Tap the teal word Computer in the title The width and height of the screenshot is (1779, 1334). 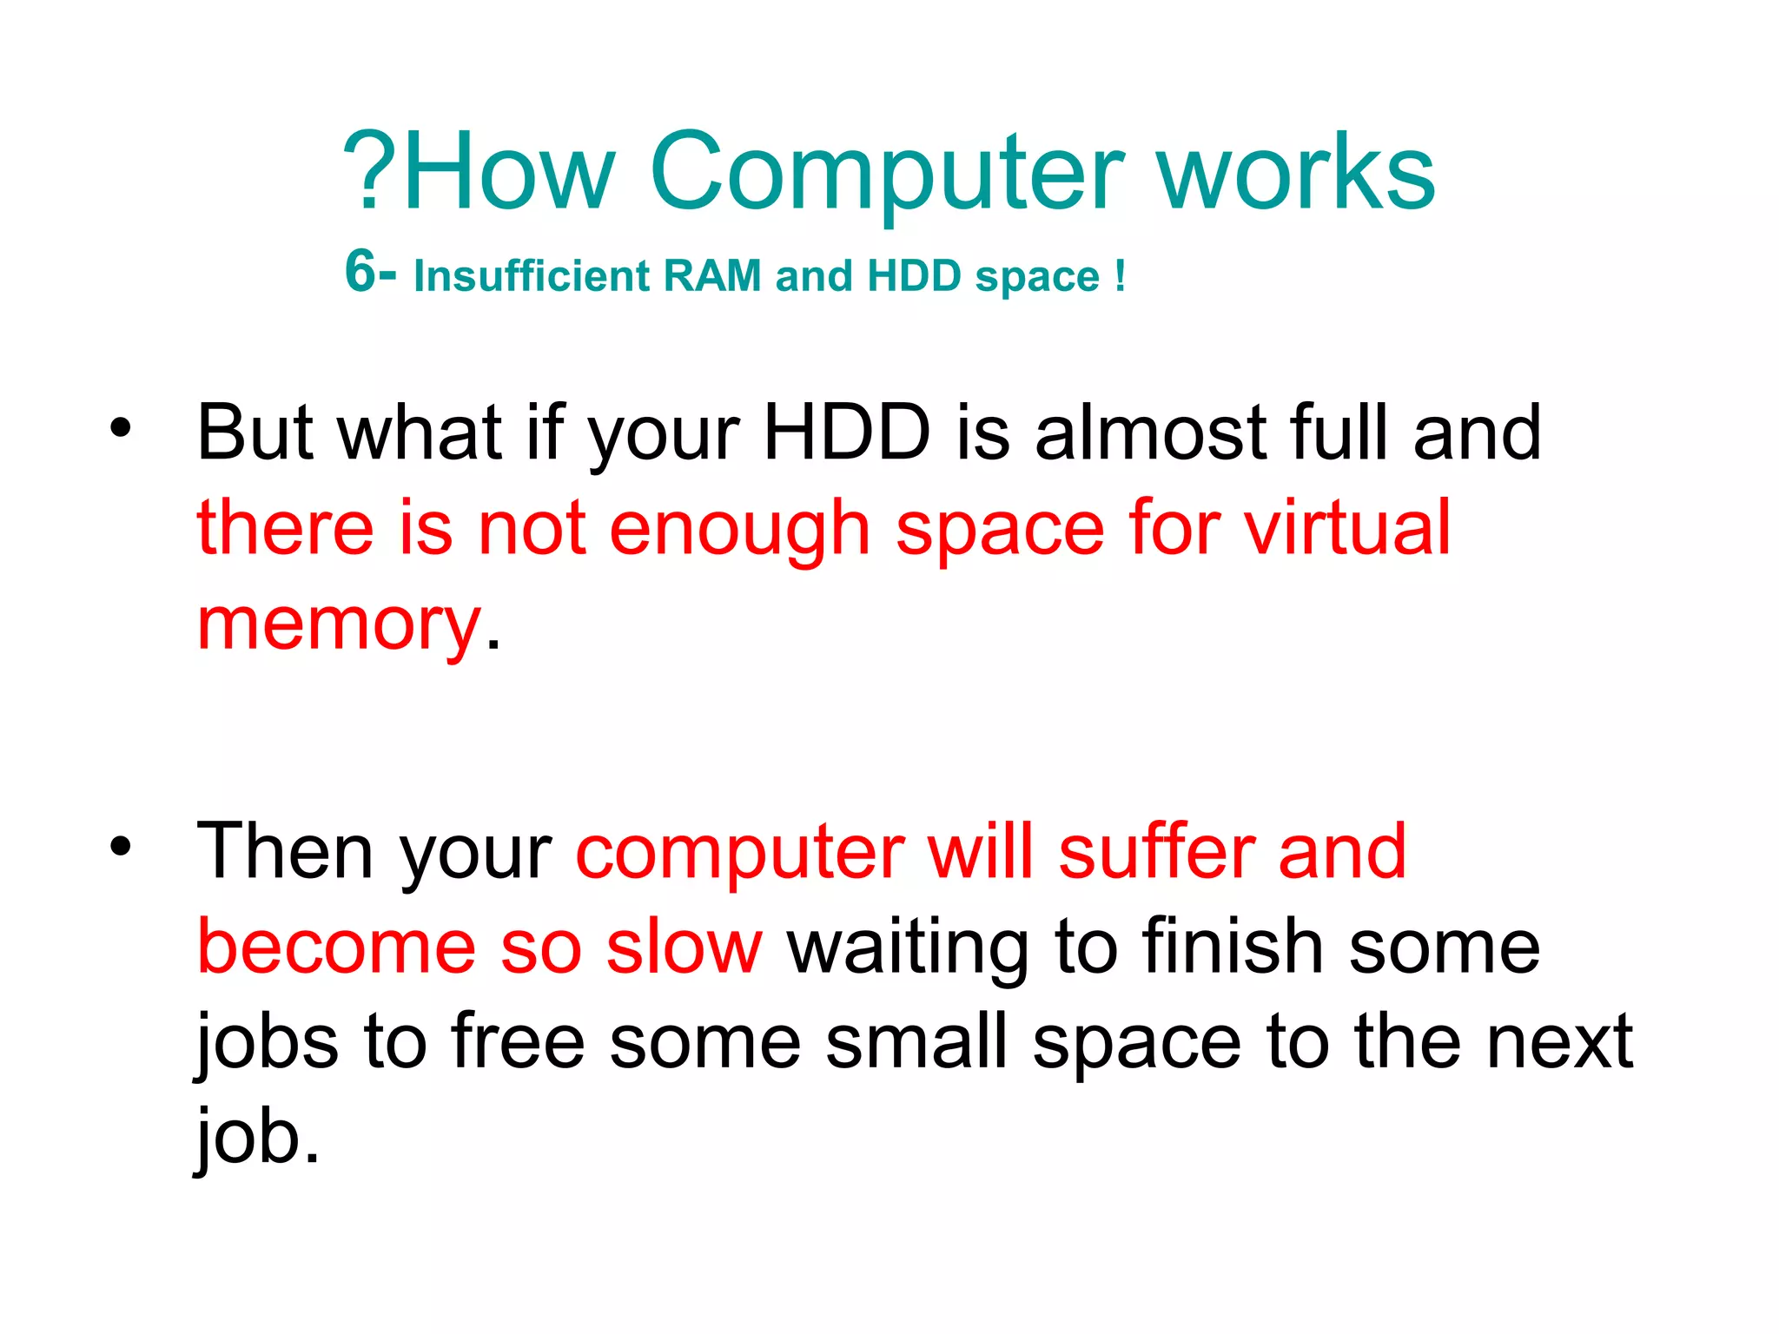[886, 174]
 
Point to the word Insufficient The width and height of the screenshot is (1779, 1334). [532, 276]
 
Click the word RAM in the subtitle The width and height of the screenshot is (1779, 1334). [711, 276]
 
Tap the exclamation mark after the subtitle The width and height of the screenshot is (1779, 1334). [1121, 276]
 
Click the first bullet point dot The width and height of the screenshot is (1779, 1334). [120, 427]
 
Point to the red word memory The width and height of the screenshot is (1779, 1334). [339, 625]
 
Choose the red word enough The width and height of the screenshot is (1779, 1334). [739, 530]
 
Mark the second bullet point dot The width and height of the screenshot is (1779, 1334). [120, 845]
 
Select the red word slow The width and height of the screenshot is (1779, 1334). [684, 947]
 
